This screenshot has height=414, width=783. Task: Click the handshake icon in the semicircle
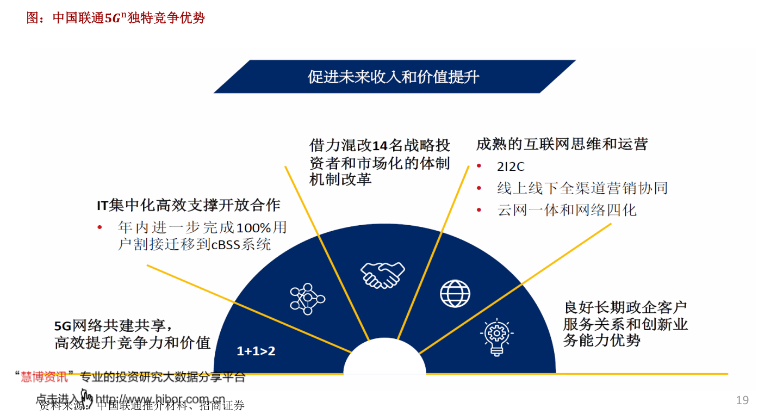(x=383, y=274)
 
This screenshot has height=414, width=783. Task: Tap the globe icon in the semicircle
(x=455, y=293)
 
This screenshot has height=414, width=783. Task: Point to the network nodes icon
(x=307, y=299)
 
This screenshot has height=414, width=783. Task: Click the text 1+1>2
(x=256, y=351)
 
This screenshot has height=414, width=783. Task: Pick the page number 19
(x=742, y=400)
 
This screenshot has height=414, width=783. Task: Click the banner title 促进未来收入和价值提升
(x=394, y=77)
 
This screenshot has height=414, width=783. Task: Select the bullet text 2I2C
(x=511, y=167)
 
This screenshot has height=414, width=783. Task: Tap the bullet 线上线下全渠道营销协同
(x=582, y=188)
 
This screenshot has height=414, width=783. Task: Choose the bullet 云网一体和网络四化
(x=567, y=210)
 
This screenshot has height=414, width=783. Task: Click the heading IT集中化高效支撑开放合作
(x=189, y=205)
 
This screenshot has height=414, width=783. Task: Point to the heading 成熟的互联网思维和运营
(x=562, y=144)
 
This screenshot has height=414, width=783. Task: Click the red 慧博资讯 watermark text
(x=45, y=376)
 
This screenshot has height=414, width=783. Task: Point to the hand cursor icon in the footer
(x=86, y=397)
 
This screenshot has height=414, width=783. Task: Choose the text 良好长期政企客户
(x=625, y=307)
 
